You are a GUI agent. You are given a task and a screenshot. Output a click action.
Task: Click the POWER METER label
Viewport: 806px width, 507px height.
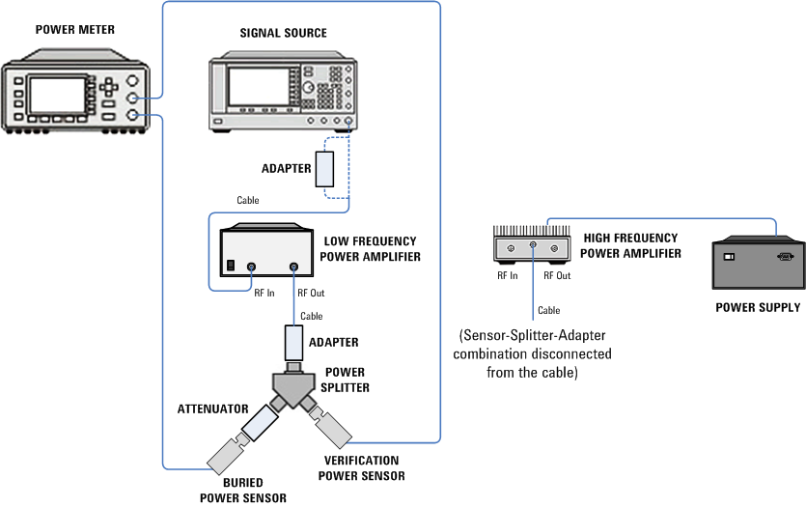(75, 30)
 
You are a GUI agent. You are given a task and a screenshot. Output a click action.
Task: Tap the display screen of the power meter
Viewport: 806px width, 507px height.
(57, 95)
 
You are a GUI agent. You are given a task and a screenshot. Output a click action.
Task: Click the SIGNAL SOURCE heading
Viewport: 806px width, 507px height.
(283, 33)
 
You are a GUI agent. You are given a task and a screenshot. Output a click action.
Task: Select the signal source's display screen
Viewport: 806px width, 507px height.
(258, 87)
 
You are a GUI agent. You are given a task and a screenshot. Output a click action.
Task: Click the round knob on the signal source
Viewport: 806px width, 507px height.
(308, 87)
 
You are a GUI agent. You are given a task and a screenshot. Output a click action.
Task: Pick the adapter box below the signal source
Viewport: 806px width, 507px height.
(324, 169)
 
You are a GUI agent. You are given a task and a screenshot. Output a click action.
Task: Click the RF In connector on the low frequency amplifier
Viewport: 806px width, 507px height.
(251, 267)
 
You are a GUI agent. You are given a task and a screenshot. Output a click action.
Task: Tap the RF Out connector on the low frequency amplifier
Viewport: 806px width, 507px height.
(293, 267)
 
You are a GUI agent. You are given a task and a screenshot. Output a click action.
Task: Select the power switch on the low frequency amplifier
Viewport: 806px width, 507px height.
(231, 266)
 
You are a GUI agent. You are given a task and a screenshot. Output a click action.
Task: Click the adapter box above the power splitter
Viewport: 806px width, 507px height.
(293, 343)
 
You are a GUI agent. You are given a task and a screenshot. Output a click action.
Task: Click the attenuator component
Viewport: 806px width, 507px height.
(260, 423)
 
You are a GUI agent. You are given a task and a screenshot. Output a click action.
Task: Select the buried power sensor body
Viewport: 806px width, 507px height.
(227, 454)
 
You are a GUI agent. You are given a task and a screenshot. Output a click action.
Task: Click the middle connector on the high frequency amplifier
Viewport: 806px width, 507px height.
(533, 245)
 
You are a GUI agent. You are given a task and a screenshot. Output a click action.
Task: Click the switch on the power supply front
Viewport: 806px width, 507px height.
(729, 256)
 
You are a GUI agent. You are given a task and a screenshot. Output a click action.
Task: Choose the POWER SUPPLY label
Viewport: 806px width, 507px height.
(758, 307)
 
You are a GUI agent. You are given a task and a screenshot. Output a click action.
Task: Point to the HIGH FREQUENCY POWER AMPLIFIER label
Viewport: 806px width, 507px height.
(630, 246)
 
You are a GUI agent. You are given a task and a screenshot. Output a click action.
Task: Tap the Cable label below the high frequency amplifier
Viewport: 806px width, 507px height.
(549, 310)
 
